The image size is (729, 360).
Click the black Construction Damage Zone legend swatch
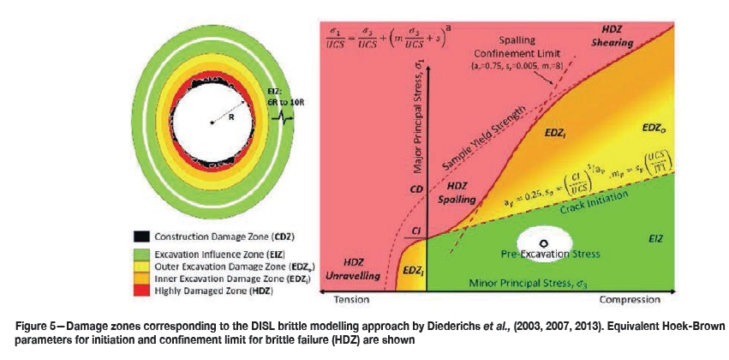141,236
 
